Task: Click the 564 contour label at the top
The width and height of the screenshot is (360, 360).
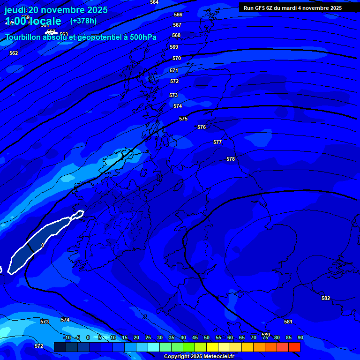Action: [154, 2]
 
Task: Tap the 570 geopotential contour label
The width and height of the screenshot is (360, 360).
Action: [177, 59]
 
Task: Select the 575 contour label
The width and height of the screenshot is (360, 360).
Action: [183, 119]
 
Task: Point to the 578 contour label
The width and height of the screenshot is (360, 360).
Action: [231, 159]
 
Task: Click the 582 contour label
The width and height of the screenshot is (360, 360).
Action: [326, 299]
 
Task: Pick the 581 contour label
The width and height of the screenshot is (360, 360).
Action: [288, 322]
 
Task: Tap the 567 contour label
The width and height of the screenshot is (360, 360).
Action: [177, 25]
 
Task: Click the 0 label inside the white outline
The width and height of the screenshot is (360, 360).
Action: [43, 245]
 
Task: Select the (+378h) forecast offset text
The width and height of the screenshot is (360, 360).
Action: [83, 21]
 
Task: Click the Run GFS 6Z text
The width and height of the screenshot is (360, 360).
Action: [261, 8]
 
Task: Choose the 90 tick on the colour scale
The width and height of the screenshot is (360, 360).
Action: [300, 337]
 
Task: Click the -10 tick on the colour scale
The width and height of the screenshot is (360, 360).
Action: [67, 337]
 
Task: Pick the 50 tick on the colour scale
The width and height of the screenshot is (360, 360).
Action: [207, 337]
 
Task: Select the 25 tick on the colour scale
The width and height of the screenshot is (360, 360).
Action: [148, 337]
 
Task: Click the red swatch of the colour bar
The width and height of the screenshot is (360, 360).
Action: [294, 347]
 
